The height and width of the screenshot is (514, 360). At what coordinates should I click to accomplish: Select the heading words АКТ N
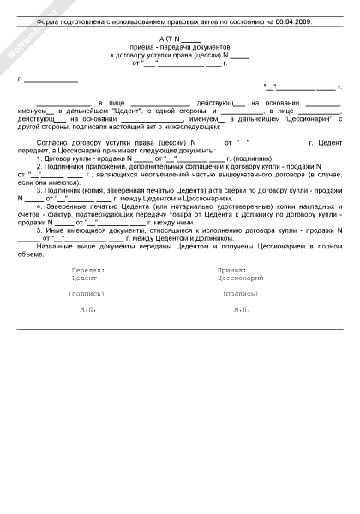168,40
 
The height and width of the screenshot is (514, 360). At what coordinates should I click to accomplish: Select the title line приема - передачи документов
180,47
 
